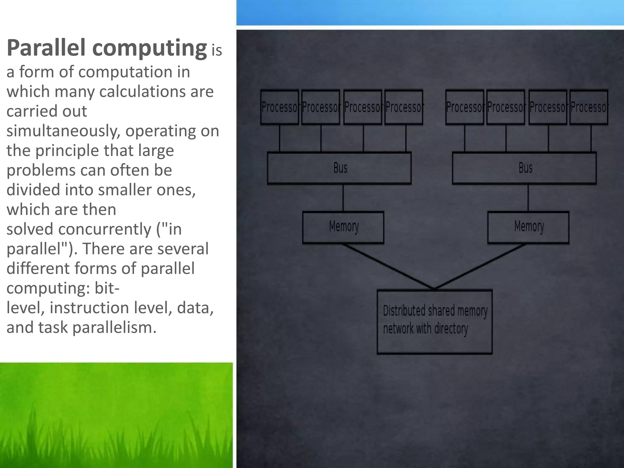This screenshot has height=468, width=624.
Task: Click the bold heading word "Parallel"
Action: pyautogui.click(x=46, y=48)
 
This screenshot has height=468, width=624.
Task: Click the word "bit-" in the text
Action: pyautogui.click(x=107, y=288)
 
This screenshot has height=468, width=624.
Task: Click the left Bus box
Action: pyautogui.click(x=339, y=168)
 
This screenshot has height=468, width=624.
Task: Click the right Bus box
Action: pyautogui.click(x=524, y=168)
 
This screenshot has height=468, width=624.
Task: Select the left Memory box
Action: pyautogui.click(x=343, y=227)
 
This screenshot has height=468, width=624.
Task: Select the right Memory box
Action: pyautogui.click(x=528, y=227)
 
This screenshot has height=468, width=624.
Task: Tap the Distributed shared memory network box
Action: pyautogui.click(x=434, y=322)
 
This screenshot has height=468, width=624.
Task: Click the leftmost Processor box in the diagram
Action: pyautogui.click(x=279, y=107)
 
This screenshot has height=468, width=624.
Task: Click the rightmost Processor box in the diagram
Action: pyautogui.click(x=589, y=107)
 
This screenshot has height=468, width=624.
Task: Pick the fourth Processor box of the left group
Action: pyautogui.click(x=404, y=107)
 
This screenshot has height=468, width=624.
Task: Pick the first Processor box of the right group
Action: pyautogui.click(x=464, y=107)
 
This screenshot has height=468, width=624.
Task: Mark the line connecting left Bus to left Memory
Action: pyautogui.click(x=343, y=198)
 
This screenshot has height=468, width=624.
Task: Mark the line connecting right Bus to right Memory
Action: pyautogui.click(x=528, y=198)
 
